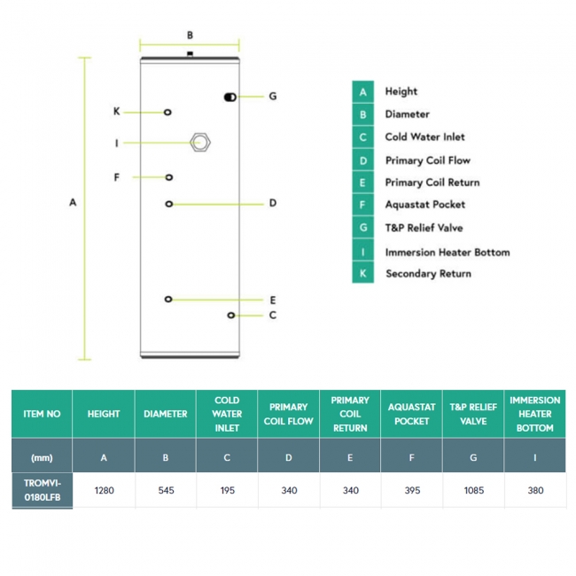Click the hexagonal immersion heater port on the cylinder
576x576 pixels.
[x=200, y=142]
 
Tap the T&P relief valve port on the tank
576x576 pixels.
[x=230, y=96]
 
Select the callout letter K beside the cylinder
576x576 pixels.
[x=116, y=112]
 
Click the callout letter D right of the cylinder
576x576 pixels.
[x=273, y=204]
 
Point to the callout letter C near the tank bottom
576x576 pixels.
[x=273, y=315]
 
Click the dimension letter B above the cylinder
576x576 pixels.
[x=190, y=35]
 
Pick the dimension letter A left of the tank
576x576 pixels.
[x=73, y=203]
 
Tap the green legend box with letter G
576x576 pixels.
[x=362, y=228]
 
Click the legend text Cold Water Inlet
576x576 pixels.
[x=424, y=137]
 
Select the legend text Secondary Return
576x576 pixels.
[x=428, y=274]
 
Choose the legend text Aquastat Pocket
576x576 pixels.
[x=424, y=205]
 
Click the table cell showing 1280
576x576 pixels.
[x=104, y=490]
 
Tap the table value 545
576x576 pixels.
[x=166, y=490]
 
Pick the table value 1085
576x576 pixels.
[x=473, y=490]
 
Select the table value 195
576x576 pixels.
[x=227, y=490]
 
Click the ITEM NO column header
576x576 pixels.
[x=42, y=414]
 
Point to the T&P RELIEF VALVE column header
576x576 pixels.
[x=473, y=414]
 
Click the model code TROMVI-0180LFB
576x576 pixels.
[x=42, y=491]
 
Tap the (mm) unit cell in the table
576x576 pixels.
[x=42, y=457]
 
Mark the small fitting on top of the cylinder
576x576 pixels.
[x=191, y=55]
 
